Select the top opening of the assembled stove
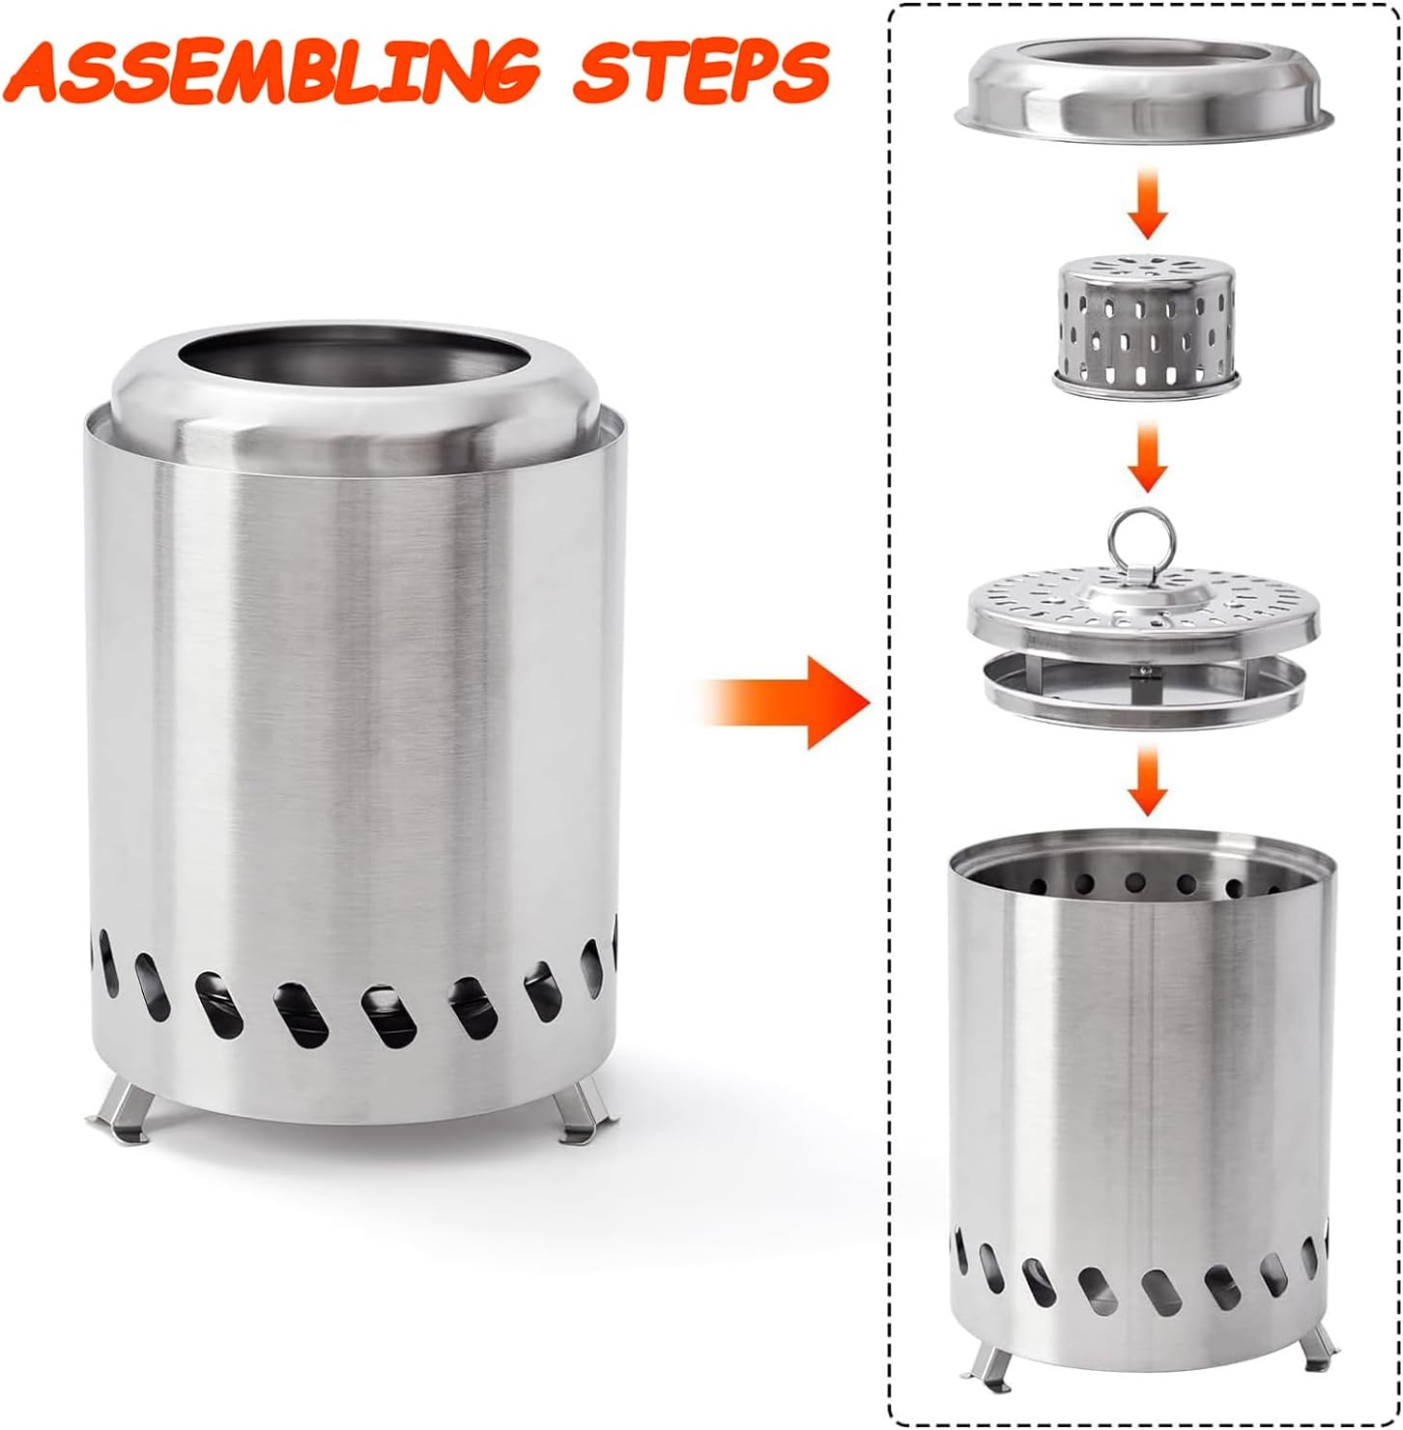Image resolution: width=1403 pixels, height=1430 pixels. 356,363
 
